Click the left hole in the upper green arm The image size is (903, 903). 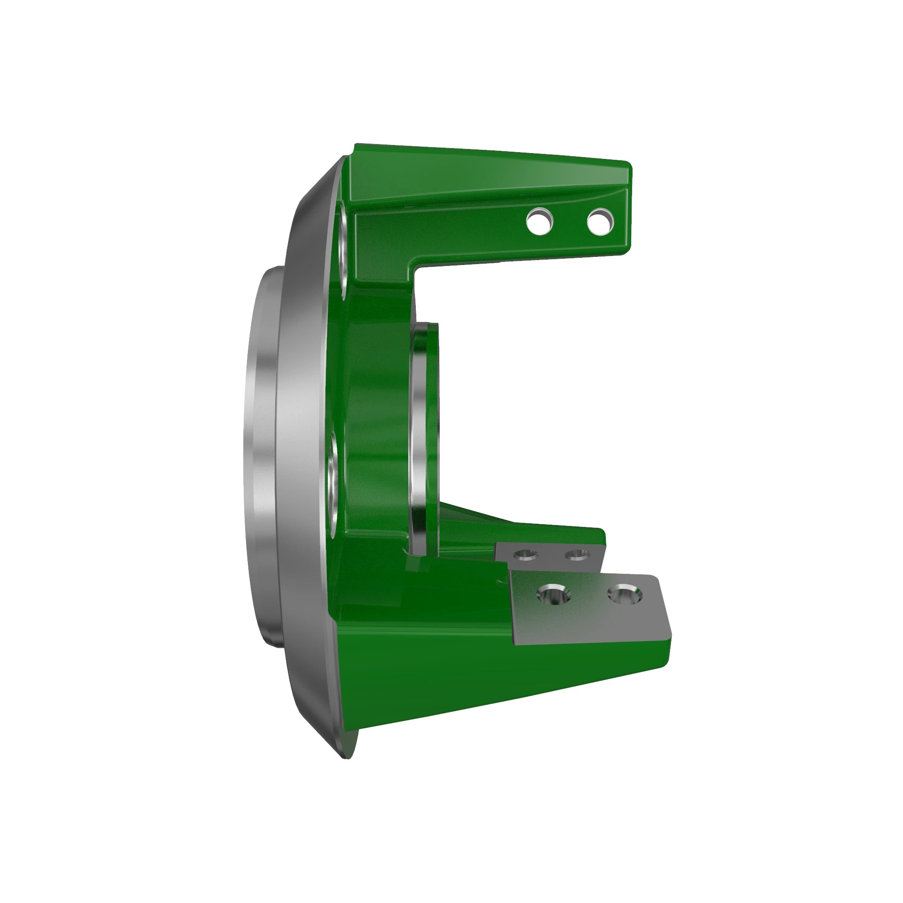click(540, 222)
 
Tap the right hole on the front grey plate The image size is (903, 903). click(625, 595)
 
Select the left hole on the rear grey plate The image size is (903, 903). click(525, 555)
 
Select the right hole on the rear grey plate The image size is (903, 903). click(577, 555)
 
